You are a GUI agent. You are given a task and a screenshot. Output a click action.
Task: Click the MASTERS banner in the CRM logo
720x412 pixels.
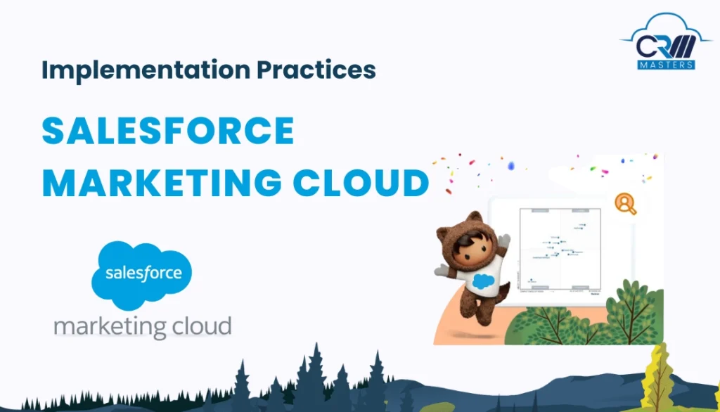pos(667,64)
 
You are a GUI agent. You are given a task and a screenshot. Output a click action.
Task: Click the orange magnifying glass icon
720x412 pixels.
pos(624,204)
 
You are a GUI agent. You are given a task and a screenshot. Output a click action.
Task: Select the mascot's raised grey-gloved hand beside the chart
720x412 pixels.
pos(504,240)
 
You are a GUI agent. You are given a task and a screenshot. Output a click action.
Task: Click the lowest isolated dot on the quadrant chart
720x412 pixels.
pos(531,280)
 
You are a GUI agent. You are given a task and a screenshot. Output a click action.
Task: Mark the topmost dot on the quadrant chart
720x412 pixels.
pos(583,224)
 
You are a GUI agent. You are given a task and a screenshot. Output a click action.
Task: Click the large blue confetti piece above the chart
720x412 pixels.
pos(510,165)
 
